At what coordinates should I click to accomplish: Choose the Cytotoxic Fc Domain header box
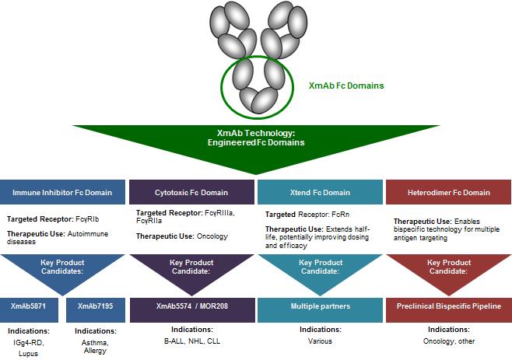(191, 192)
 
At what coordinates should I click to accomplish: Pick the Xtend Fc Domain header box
(319, 192)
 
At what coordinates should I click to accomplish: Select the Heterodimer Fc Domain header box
(449, 192)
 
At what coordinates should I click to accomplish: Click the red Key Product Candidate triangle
(449, 268)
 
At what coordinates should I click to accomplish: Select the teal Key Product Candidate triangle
(319, 268)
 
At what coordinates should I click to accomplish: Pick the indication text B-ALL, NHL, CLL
(191, 340)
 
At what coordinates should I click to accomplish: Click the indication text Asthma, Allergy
(96, 347)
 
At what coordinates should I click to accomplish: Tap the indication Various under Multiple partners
(319, 340)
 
